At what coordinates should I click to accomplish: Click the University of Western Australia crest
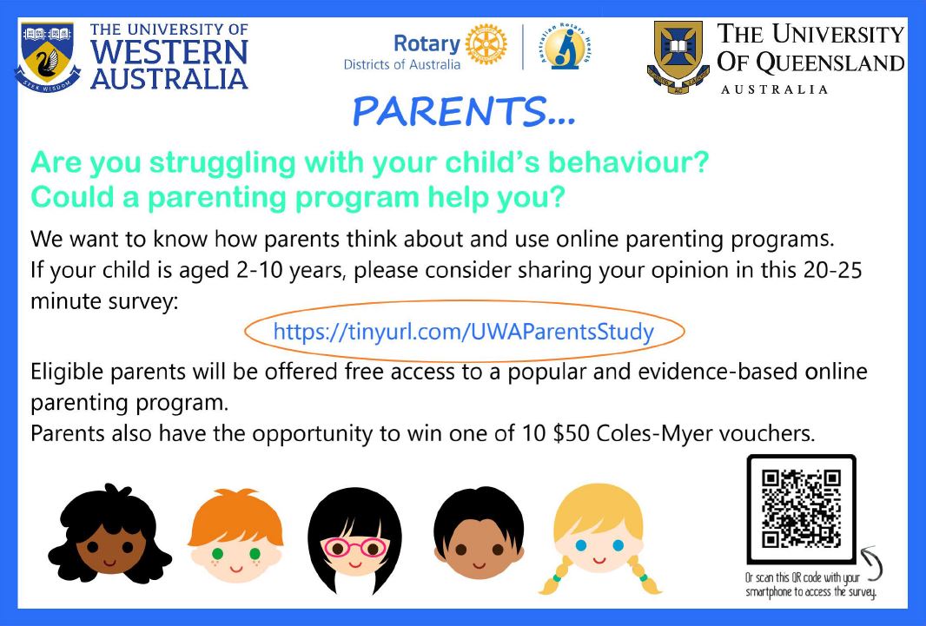(x=47, y=57)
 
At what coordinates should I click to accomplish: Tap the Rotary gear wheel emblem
(x=486, y=44)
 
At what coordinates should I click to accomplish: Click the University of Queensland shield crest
(x=678, y=57)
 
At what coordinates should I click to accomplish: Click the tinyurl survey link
(x=464, y=331)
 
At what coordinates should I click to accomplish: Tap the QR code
(x=801, y=508)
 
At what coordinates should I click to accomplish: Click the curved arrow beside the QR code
(x=873, y=563)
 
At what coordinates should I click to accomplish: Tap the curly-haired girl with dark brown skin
(x=109, y=534)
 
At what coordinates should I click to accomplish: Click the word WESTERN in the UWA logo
(x=169, y=52)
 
